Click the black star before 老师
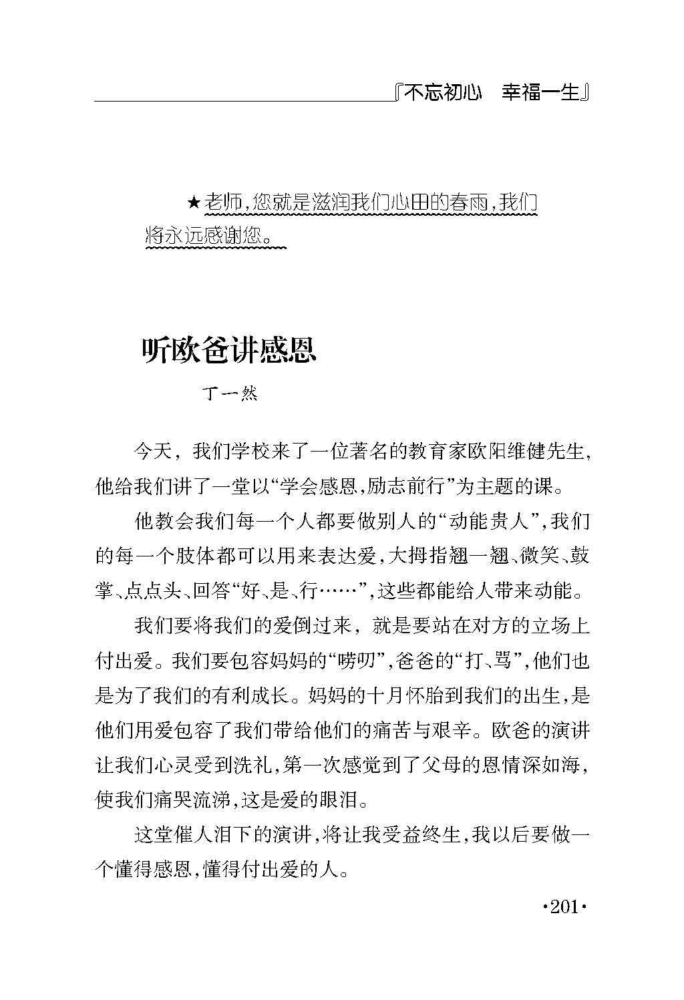[193, 202]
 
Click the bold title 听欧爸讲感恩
[229, 350]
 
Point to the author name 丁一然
[229, 394]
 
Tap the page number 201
[564, 908]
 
